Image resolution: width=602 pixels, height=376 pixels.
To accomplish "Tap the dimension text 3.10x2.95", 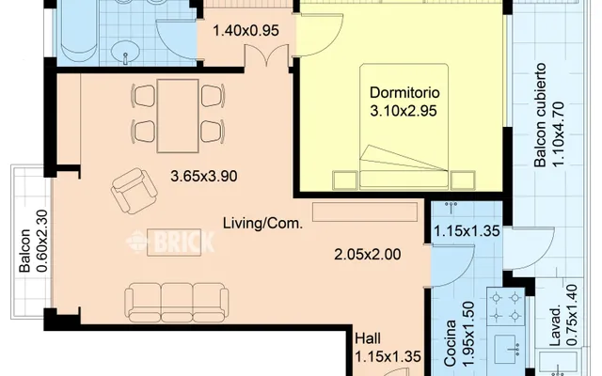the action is pos(404,111).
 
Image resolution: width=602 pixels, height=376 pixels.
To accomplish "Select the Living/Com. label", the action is pos(263,223).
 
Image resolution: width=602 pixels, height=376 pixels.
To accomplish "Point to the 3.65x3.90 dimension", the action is pos(203,177).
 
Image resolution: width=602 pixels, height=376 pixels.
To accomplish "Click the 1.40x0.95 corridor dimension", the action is pos(246,30).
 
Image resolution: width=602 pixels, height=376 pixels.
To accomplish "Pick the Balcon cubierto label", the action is pos(540,115).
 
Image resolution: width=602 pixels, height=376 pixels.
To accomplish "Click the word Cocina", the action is pos(450,343).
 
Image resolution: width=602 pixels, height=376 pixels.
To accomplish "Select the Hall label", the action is pos(368,338).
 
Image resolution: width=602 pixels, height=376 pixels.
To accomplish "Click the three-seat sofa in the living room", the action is pos(176,303).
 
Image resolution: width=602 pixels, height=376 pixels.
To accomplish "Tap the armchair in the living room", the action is pos(134,191).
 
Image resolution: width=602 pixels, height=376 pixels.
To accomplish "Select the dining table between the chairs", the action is pos(178,116).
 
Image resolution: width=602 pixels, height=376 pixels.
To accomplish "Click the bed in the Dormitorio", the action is pos(404,127).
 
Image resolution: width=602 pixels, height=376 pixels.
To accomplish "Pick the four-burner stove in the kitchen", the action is pos(506,307).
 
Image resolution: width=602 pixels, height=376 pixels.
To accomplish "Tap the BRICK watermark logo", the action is pos(171,242).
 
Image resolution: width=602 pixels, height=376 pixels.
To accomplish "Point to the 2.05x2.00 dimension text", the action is pos(368,255).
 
